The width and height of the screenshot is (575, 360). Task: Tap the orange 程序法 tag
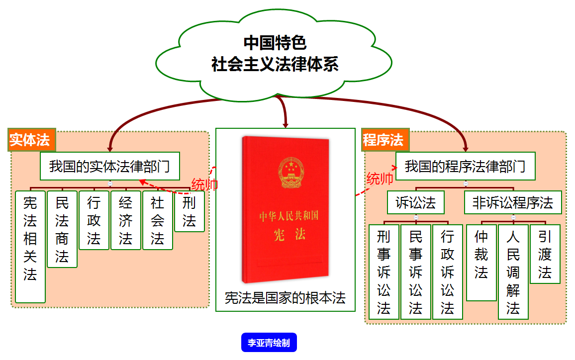point(384,140)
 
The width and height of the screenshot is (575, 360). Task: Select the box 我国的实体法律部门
point(109,166)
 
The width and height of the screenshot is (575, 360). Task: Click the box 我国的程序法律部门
point(465,166)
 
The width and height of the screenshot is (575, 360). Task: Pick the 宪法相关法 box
point(30,247)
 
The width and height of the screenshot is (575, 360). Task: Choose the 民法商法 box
point(62,229)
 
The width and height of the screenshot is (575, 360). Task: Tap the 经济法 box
point(126,220)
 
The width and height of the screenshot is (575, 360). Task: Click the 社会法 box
point(158,220)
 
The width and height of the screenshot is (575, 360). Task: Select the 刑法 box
point(189,211)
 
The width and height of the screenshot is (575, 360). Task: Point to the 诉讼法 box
point(416,203)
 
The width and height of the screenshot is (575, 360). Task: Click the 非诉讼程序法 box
point(513,203)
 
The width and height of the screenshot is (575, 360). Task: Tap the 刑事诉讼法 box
point(383,272)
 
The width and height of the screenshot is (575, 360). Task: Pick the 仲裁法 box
point(481,263)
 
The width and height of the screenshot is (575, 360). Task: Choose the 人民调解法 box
point(513,272)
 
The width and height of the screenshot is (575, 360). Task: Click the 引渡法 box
point(545,254)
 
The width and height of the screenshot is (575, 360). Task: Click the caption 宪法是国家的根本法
point(285,298)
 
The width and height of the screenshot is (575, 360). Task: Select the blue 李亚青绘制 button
point(269,343)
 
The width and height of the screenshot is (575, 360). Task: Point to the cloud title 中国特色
point(275,43)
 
